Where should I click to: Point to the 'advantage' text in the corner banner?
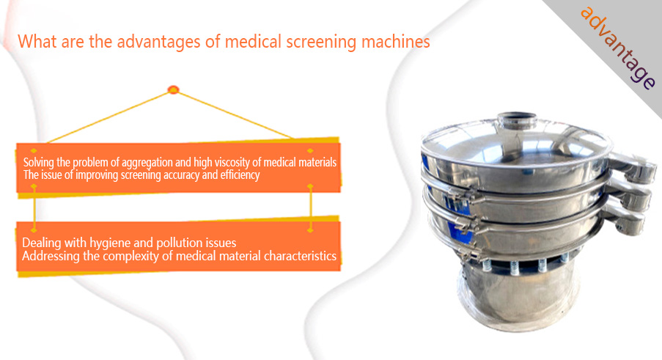[x=617, y=48]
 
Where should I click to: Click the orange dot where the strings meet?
[x=173, y=89]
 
